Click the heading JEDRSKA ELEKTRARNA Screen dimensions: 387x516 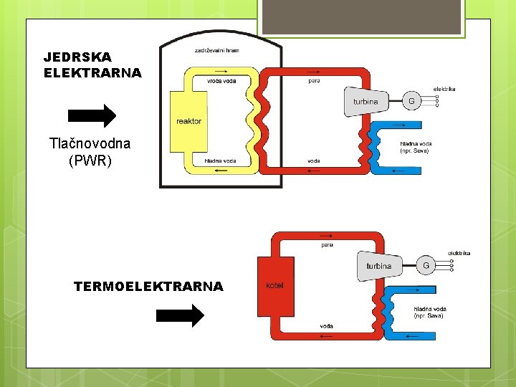point(92,64)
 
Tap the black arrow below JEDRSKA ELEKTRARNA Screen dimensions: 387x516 point(91,115)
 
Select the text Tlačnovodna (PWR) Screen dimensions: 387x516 point(90,152)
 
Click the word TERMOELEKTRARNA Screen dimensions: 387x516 point(148,287)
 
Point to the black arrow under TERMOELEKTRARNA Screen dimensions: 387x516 point(180,315)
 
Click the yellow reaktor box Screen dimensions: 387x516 point(188,121)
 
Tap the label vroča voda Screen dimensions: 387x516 point(221,81)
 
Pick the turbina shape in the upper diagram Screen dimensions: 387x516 point(366,102)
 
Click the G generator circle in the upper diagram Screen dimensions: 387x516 point(411,101)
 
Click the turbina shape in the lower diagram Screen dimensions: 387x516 point(380,266)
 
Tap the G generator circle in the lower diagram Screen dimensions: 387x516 point(426,265)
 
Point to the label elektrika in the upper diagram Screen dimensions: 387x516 point(444,89)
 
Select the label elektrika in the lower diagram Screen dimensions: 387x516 point(459,253)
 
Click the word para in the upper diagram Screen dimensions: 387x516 point(314,81)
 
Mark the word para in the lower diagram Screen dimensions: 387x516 point(327,245)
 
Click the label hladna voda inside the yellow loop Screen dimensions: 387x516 point(220,161)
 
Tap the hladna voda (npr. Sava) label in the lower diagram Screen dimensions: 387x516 point(429,312)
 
